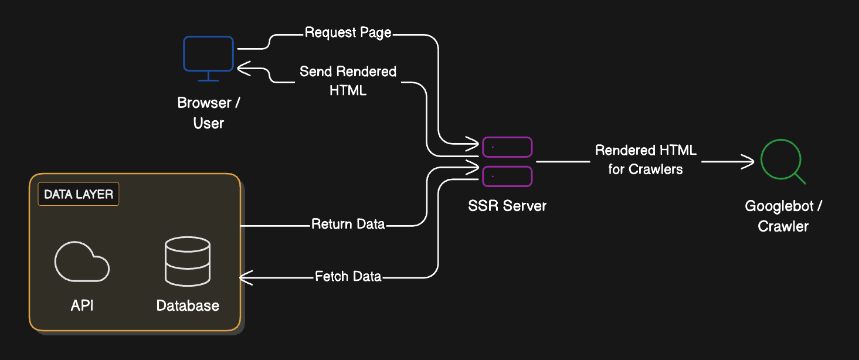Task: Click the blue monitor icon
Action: click(208, 56)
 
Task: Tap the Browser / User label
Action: click(209, 113)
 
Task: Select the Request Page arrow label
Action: click(348, 32)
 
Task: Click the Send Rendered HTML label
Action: click(348, 80)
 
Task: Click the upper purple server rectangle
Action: click(507, 147)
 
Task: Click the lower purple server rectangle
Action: click(507, 176)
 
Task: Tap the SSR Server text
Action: click(507, 206)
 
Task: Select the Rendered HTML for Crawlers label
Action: click(646, 159)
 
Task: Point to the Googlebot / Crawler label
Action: click(783, 216)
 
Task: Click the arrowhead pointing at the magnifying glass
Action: click(750, 161)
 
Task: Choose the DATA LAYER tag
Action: click(79, 194)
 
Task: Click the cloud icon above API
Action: click(82, 261)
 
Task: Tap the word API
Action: click(82, 305)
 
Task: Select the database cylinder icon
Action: click(188, 261)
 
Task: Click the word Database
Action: click(188, 305)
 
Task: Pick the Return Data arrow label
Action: click(348, 224)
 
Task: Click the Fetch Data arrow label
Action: click(348, 276)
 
